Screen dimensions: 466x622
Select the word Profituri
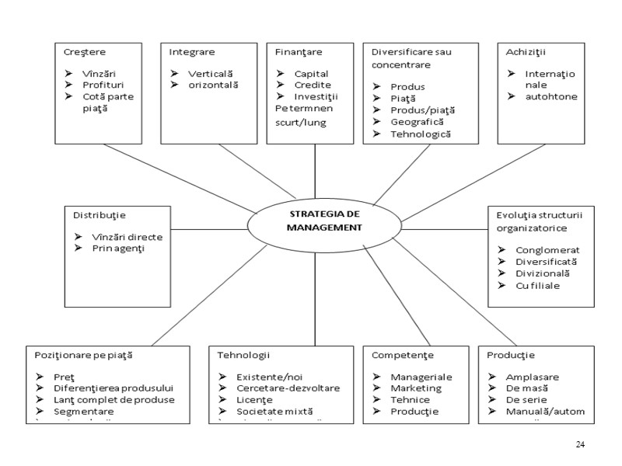point(103,85)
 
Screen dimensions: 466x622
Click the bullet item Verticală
point(211,73)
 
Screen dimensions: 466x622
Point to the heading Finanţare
point(299,51)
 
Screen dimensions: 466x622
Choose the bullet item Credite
point(313,85)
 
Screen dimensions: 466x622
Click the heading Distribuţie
point(100,214)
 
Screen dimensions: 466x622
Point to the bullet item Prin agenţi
point(118,248)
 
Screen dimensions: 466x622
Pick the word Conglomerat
point(547,250)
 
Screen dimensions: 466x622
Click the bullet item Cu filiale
point(537,285)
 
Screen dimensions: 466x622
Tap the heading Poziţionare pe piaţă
point(83,355)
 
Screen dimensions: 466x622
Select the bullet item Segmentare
point(84,411)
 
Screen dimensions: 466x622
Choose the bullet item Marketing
point(416,388)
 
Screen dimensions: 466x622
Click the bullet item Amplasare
point(533,377)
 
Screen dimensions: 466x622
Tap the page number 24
point(580,444)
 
